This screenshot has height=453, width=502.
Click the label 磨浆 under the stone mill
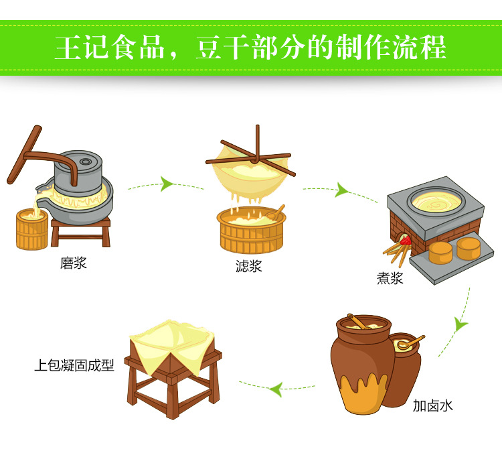click(x=74, y=263)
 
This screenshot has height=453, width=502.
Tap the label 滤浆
click(x=248, y=265)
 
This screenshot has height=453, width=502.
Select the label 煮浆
click(x=390, y=278)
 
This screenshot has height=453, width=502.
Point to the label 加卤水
click(x=432, y=405)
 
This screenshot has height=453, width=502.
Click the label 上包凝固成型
click(x=74, y=366)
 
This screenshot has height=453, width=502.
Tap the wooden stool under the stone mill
click(x=80, y=231)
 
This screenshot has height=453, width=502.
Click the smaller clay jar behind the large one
click(x=406, y=362)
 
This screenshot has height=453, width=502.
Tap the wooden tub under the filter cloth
click(x=252, y=229)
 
